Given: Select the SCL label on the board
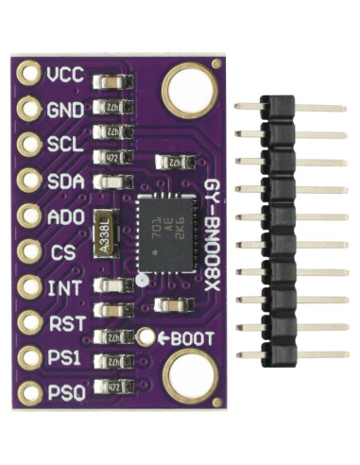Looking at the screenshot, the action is click(x=63, y=145).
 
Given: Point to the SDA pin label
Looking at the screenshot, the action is click(x=63, y=180).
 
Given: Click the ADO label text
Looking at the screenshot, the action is click(x=65, y=215).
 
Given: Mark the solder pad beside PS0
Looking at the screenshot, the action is click(x=27, y=391).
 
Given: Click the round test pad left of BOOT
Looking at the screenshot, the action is click(x=146, y=336).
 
